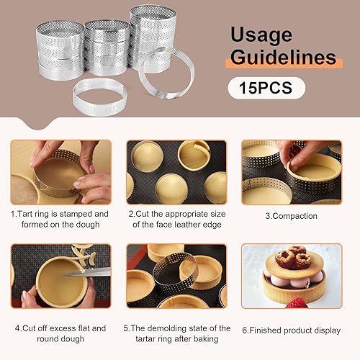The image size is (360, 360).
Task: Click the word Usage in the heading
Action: (x=261, y=35)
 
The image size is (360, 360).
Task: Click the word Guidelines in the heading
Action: (x=284, y=57)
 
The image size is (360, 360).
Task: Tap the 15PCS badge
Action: (x=266, y=88)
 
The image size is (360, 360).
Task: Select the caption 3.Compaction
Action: (x=292, y=216)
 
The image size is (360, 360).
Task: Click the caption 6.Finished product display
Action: (x=292, y=330)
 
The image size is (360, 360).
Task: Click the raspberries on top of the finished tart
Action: (x=293, y=258)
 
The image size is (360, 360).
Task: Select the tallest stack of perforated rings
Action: (x=153, y=38)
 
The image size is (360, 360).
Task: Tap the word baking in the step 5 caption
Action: (x=206, y=339)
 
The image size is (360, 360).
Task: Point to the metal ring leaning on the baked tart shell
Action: (x=176, y=271)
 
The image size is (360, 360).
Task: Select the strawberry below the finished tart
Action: (x=297, y=303)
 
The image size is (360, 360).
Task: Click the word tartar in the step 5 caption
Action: (x=145, y=339)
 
